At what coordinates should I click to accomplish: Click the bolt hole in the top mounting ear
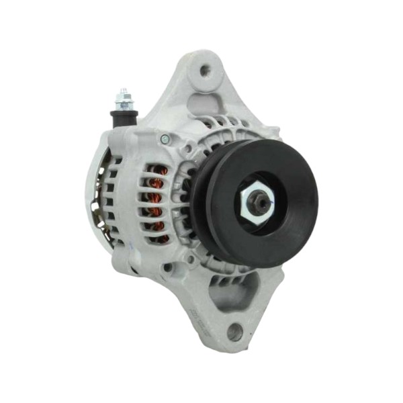(x=205, y=69)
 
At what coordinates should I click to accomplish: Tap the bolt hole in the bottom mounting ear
(x=234, y=331)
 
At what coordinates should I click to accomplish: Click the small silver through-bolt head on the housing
(x=165, y=139)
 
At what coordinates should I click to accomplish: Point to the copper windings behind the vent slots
(x=156, y=201)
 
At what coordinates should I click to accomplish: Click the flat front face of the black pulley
(x=289, y=175)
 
